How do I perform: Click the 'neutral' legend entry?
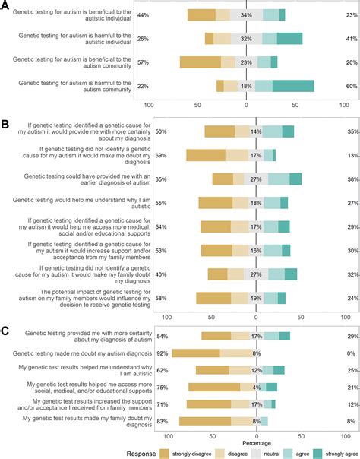pyautogui.click(x=247, y=451)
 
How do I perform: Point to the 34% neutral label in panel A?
pyautogui.click(x=245, y=15)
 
